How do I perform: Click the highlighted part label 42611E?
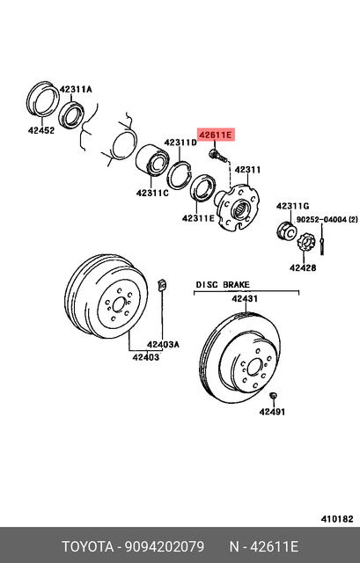click(x=216, y=135)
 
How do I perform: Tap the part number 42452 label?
click(x=40, y=130)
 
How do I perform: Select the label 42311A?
click(x=76, y=90)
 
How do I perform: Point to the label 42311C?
click(x=152, y=193)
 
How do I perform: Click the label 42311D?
click(x=180, y=143)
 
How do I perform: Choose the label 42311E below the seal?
click(x=200, y=218)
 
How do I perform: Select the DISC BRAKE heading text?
click(x=223, y=285)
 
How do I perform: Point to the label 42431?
click(x=245, y=299)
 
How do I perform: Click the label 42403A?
click(x=163, y=344)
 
